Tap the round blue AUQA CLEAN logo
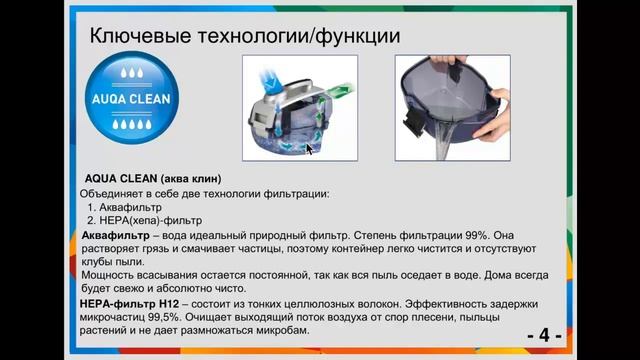click(133, 99)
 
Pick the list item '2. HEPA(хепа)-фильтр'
click(151, 220)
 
